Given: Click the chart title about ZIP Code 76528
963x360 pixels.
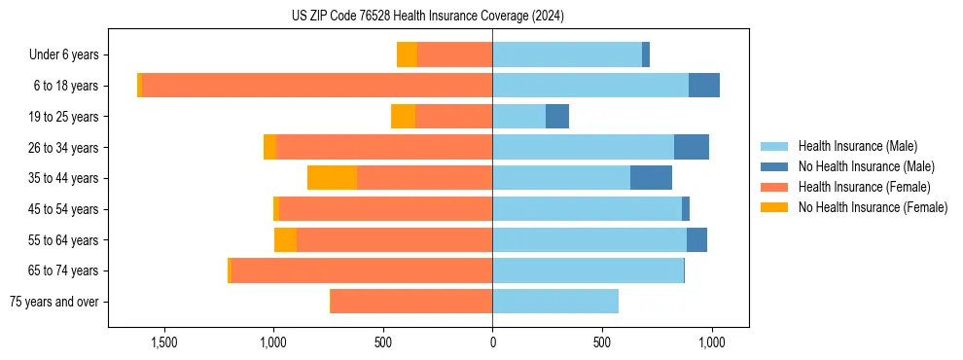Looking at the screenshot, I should (x=427, y=17).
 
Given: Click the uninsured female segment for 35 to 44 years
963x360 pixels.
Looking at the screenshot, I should (x=332, y=178).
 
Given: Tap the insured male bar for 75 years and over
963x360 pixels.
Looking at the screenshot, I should (x=555, y=302).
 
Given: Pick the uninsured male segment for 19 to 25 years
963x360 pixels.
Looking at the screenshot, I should (x=557, y=117).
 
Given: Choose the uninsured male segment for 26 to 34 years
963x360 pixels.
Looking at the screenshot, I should (x=692, y=147).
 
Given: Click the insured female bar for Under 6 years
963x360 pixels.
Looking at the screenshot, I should (x=454, y=54).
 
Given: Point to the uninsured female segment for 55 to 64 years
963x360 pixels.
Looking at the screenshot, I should (x=285, y=240).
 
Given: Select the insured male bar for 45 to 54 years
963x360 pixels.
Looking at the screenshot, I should (x=587, y=209).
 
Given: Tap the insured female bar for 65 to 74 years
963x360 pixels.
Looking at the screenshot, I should (x=362, y=270).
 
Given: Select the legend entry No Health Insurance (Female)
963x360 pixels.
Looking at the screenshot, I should (x=873, y=207).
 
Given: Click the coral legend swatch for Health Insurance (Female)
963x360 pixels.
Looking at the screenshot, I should (x=774, y=187).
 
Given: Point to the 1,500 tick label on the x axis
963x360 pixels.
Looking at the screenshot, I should (x=163, y=342).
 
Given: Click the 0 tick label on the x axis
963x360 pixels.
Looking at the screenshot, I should (x=492, y=342).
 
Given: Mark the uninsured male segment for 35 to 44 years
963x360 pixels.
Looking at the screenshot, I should (x=651, y=178).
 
